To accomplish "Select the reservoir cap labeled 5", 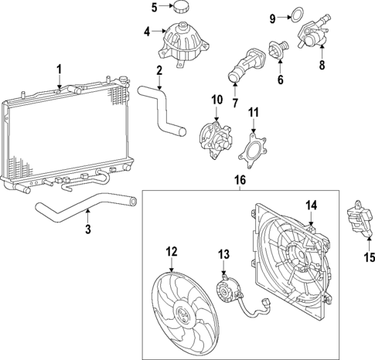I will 183,8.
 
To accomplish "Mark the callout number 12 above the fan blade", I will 172,251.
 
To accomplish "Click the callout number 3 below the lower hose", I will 88,229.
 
